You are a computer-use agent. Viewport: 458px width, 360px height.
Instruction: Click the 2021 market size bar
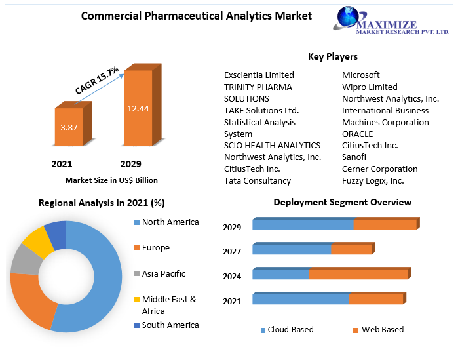click(x=68, y=127)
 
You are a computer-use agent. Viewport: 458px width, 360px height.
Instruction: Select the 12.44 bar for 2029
click(x=138, y=108)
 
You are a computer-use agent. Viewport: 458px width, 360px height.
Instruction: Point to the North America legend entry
click(x=170, y=222)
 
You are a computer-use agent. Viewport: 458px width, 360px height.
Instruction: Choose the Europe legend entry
click(x=155, y=248)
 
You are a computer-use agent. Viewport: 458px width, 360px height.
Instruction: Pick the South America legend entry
click(x=170, y=325)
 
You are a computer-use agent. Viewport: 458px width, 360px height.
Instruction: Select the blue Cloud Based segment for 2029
click(x=303, y=225)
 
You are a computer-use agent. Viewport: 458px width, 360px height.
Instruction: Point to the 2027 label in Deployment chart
click(x=232, y=252)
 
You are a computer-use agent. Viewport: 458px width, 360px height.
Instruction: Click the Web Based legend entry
click(x=382, y=330)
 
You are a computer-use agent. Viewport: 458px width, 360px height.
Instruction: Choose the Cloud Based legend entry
click(x=290, y=330)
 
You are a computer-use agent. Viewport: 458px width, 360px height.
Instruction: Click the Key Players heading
click(x=332, y=57)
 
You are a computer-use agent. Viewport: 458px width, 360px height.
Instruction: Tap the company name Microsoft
click(x=360, y=75)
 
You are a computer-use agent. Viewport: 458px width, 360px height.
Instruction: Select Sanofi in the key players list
click(x=354, y=157)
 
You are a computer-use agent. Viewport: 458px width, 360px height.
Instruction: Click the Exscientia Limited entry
click(x=259, y=75)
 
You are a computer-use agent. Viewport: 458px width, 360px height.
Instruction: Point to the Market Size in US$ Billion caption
click(x=111, y=180)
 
